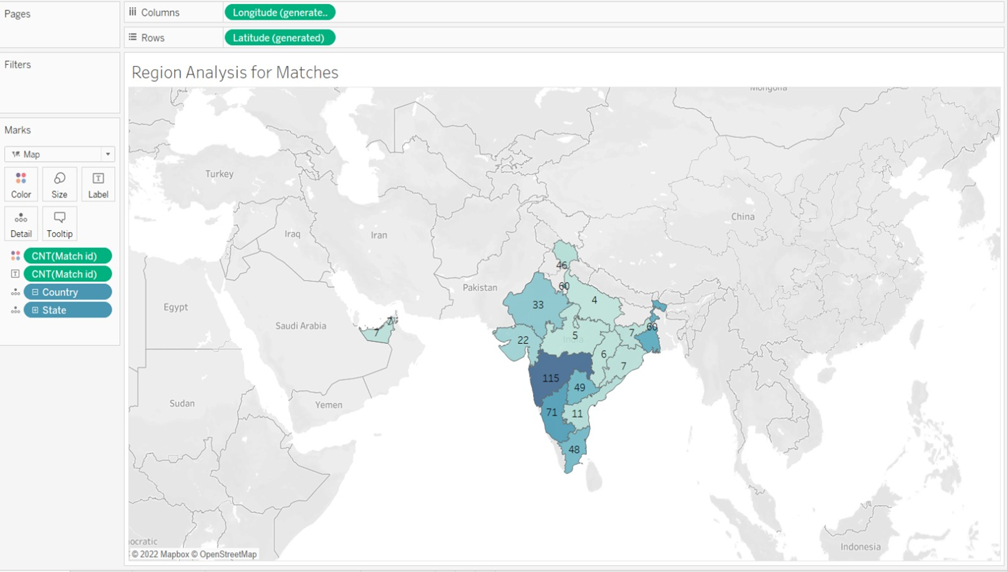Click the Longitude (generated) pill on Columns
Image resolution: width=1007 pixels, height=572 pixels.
click(x=280, y=12)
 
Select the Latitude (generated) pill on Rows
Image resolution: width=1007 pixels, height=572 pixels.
click(x=279, y=38)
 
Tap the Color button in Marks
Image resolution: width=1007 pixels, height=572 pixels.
click(x=21, y=185)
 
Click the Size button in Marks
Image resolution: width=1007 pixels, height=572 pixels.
click(x=59, y=185)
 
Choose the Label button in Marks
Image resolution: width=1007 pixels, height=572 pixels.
click(x=98, y=185)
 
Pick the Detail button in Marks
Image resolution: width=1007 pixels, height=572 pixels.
click(x=21, y=224)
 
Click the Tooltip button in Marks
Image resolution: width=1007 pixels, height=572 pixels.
click(x=59, y=224)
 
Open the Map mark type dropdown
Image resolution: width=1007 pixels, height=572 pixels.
click(x=59, y=154)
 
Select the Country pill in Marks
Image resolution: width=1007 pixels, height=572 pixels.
click(x=68, y=292)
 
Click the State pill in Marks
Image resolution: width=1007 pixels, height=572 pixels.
click(x=68, y=310)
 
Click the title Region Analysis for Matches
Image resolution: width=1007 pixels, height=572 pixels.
click(x=235, y=72)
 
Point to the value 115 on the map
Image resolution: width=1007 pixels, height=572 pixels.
click(x=550, y=378)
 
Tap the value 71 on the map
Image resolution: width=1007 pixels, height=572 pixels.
click(x=551, y=413)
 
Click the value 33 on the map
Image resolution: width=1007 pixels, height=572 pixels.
click(x=538, y=305)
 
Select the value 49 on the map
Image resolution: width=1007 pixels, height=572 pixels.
click(x=579, y=387)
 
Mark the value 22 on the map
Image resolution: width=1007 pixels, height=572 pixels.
click(x=523, y=340)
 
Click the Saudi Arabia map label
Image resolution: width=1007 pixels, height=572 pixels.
click(x=300, y=325)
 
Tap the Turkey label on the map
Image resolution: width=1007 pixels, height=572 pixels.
click(x=219, y=174)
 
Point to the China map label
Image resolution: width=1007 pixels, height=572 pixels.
click(x=743, y=216)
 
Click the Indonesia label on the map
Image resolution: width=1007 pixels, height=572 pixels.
click(x=860, y=547)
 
